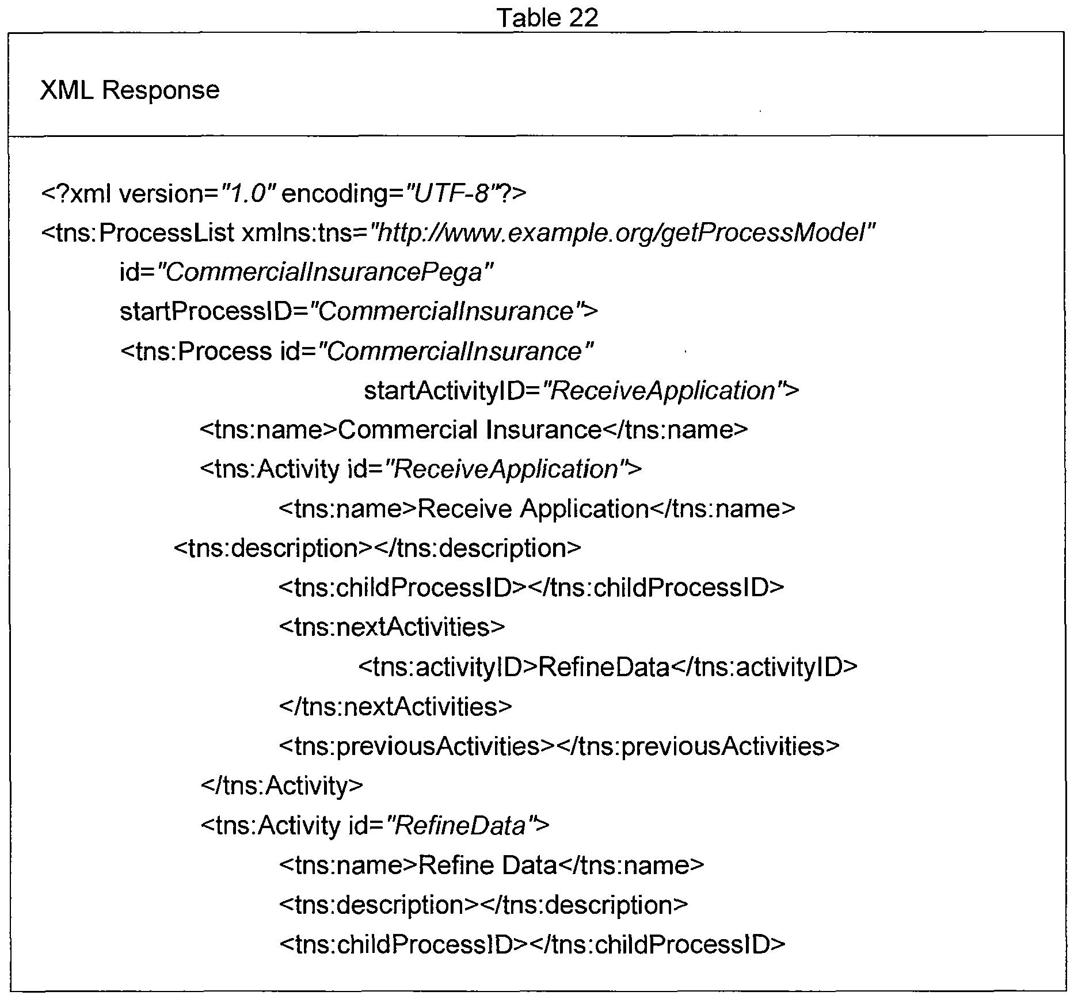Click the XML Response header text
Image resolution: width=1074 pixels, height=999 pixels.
130,90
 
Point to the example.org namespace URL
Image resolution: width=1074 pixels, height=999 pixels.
622,233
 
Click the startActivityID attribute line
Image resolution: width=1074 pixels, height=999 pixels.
582,391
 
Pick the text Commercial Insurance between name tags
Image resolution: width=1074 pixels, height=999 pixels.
470,430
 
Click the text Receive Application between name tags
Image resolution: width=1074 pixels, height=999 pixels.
533,509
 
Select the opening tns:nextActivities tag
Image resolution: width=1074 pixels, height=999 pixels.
392,627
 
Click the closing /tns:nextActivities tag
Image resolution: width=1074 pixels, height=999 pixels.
395,706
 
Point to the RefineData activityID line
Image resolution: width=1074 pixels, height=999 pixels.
608,667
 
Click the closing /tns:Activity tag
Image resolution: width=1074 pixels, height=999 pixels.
282,786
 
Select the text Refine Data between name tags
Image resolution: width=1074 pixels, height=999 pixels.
488,865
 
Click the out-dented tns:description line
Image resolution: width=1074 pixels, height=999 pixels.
378,548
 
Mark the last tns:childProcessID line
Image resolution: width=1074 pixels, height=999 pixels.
532,945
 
